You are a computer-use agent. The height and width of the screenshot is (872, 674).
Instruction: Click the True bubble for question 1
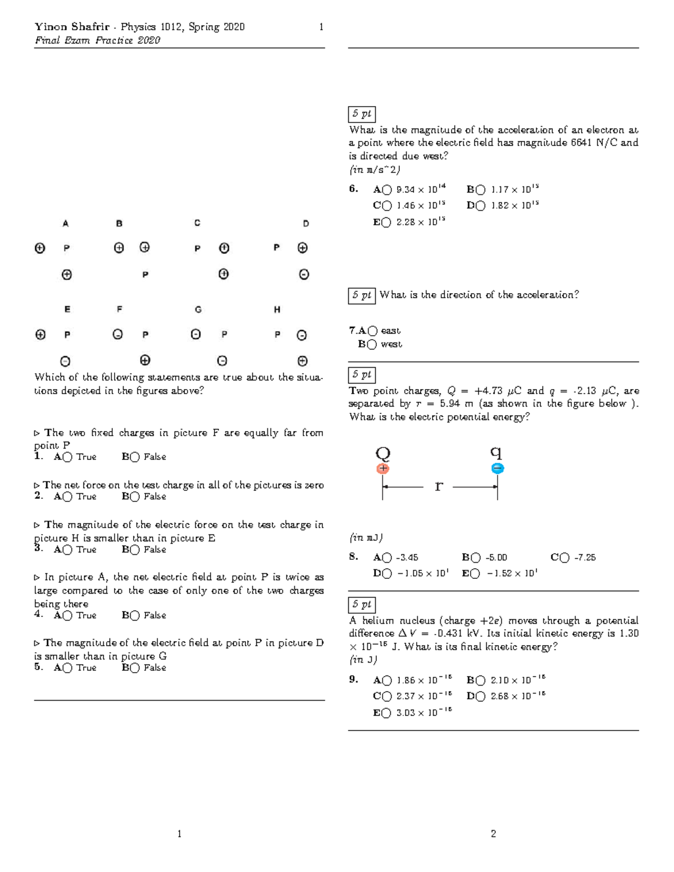pos(67,457)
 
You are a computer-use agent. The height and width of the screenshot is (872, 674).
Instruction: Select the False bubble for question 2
pos(135,497)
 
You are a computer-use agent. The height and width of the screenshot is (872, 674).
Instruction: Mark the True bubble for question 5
pos(67,668)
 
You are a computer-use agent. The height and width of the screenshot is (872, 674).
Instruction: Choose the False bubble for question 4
pos(135,616)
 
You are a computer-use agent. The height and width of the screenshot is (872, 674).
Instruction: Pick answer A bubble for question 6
pos(387,190)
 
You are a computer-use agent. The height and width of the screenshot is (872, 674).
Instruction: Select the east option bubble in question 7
pos(372,331)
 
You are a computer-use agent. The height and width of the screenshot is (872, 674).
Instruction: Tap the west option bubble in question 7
pos(371,345)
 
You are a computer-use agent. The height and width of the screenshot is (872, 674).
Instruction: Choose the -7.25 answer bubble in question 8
pos(564,558)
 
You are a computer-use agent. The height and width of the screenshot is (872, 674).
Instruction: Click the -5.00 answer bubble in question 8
pos(476,558)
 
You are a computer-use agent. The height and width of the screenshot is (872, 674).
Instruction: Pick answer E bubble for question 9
pos(387,713)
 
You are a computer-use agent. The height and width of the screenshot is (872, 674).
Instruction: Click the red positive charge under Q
pos(383,468)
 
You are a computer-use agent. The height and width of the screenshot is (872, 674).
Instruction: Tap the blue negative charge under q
pos(498,468)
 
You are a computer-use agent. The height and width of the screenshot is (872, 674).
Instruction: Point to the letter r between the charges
pos(439,486)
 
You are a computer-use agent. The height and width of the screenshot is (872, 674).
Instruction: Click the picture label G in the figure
pos(198,309)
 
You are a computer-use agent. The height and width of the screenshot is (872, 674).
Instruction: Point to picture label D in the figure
pos(306,223)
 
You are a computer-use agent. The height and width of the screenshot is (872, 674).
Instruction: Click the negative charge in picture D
pos(304,275)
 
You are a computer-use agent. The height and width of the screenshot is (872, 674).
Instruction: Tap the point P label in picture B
pos(145,275)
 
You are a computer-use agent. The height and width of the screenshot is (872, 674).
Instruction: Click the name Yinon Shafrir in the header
pos(72,27)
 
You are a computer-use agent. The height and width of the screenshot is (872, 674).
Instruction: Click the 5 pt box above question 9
pos(362,605)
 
